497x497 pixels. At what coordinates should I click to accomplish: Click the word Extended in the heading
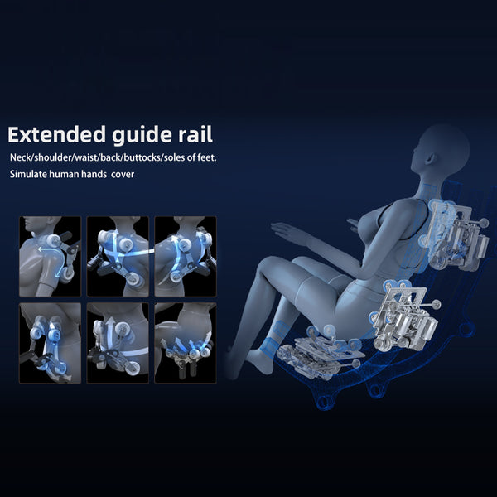point(56,135)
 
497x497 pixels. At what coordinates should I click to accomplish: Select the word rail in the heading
point(195,134)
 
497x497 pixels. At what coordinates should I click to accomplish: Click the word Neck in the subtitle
point(19,157)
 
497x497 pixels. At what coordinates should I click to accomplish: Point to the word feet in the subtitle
point(206,157)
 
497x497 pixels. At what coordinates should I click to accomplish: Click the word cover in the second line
point(123,175)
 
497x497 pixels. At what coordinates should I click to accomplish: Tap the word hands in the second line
point(94,174)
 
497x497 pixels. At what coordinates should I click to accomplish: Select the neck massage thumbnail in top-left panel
point(50,257)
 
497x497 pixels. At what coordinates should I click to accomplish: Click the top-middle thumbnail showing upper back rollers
point(118,257)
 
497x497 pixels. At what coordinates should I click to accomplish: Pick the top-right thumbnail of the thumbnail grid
point(186,257)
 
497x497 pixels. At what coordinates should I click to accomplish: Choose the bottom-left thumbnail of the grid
point(50,343)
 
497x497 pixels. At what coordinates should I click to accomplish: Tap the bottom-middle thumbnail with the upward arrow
point(118,343)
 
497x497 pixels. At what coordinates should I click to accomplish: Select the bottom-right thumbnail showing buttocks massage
point(186,343)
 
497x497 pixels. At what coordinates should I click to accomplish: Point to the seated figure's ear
point(428,158)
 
